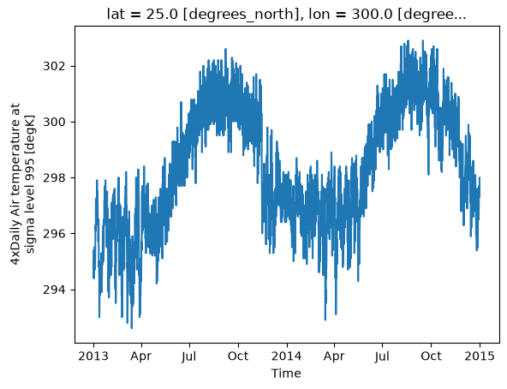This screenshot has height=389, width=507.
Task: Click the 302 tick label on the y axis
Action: pos(54,66)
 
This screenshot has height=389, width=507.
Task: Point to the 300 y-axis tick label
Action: pos(54,122)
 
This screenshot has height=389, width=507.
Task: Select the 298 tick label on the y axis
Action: pos(54,177)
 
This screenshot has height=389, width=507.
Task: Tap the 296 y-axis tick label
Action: pos(54,233)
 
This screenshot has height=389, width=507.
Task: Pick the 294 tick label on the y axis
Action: pos(54,290)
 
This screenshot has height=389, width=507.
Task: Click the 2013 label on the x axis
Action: pos(93,356)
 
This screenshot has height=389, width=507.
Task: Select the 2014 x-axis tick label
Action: pos(286,356)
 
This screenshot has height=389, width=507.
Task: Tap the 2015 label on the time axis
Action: pos(480,356)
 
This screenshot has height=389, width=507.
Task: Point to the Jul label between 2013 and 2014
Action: pos(188,356)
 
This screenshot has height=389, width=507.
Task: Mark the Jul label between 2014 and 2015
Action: pos(382,356)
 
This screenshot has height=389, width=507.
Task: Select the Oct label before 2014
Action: pos(238,356)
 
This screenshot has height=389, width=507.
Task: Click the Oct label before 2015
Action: pos(431,356)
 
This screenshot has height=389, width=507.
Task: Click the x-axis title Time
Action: pos(286,374)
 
